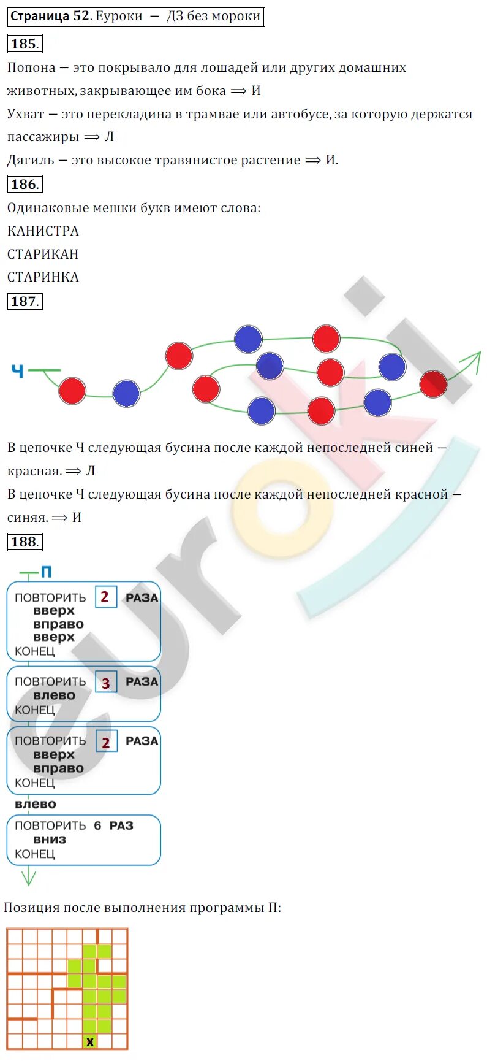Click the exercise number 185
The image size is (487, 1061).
pos(25,44)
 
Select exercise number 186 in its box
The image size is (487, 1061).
pos(25,184)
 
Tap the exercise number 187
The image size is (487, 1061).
pos(25,301)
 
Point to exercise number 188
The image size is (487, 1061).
pos(25,542)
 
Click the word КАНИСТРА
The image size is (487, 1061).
pos(43,231)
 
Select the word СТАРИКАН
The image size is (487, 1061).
pos(43,254)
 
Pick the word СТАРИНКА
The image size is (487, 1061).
pos(43,277)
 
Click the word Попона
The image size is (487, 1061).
pos(31,67)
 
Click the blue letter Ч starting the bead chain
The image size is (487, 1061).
pos(18,370)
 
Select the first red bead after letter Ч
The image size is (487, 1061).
pos(72,391)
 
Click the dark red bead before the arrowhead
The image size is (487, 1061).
pos(433,384)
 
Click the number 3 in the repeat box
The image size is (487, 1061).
pos(106,683)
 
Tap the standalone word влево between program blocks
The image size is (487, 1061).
pos(36,804)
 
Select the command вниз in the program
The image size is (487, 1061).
pos(50,840)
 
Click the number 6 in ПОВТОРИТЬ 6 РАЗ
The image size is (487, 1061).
pos(97,825)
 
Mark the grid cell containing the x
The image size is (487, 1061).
pos(90,1041)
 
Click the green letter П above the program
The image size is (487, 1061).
pos(46,572)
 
